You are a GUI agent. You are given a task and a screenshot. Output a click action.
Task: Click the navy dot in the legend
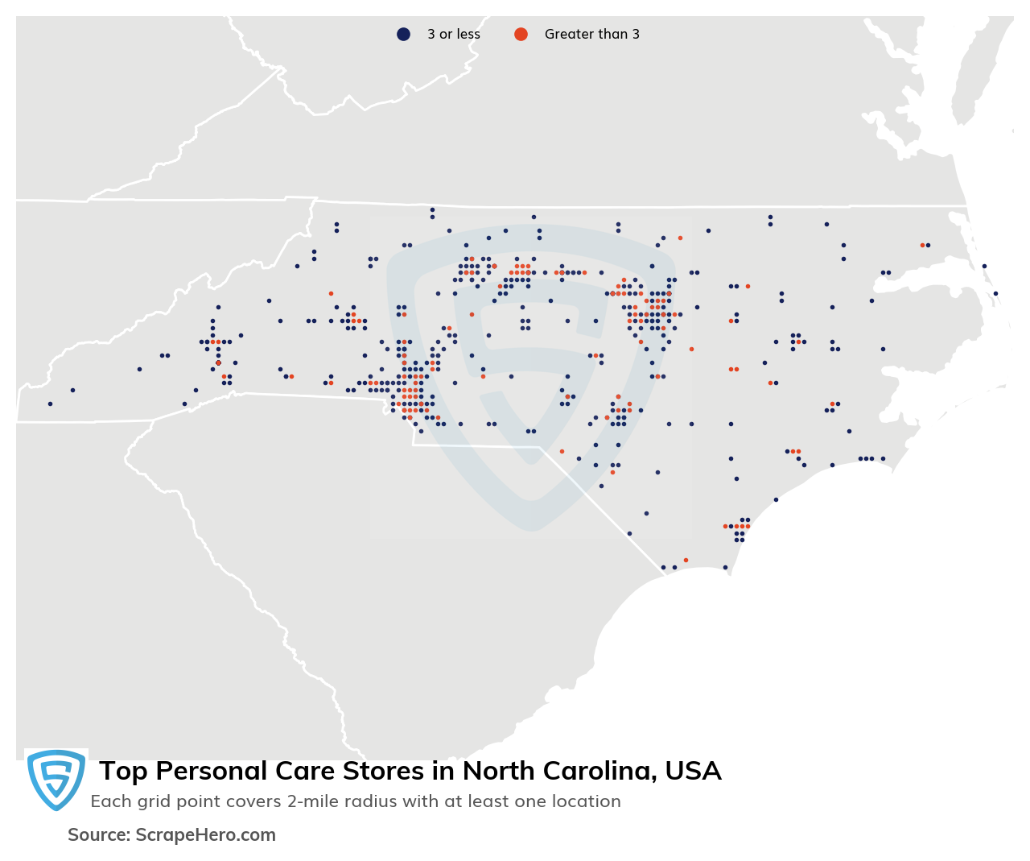(x=403, y=34)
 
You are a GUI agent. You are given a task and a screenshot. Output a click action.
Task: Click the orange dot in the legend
(x=521, y=34)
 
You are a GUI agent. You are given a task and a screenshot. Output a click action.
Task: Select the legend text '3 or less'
(x=453, y=34)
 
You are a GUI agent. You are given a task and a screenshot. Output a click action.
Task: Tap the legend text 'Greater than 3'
(x=591, y=34)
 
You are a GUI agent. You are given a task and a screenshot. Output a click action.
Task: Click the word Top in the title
(x=123, y=771)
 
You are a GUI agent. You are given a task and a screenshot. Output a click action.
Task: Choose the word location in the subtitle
(x=587, y=801)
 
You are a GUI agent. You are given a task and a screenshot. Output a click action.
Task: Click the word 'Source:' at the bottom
(x=99, y=835)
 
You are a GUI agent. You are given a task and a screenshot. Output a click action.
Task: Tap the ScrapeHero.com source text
(x=205, y=835)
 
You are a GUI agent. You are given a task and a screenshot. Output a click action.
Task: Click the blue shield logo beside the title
(x=56, y=779)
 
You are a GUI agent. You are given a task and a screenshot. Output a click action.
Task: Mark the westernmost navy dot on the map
(x=50, y=404)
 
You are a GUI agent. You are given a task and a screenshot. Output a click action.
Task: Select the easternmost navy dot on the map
(x=995, y=293)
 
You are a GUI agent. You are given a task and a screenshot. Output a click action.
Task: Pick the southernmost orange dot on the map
(x=686, y=560)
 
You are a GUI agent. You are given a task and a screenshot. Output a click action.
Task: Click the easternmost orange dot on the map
(x=922, y=245)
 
